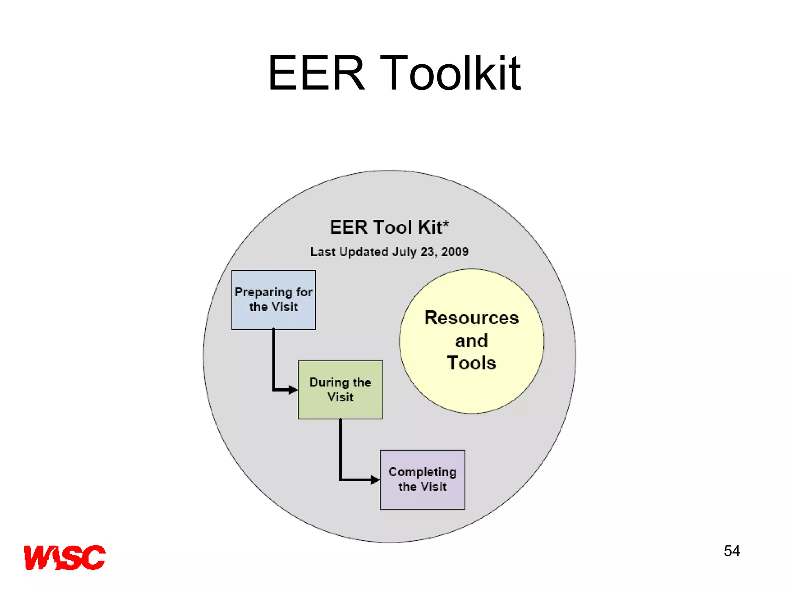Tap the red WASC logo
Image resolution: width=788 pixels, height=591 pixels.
tap(65, 557)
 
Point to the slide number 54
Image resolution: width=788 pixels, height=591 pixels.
tap(731, 551)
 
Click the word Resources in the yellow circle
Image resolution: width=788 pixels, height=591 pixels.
tap(471, 318)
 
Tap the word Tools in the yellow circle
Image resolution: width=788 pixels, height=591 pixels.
tap(471, 363)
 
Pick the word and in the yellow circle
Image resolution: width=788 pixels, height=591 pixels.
tap(471, 341)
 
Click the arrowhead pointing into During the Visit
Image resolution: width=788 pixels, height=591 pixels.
tap(293, 390)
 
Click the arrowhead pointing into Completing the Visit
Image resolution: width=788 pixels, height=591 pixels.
tap(375, 480)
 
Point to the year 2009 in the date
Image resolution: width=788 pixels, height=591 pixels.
tap(455, 252)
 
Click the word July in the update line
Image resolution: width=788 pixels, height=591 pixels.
tap(404, 252)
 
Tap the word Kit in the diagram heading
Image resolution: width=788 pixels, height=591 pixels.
tap(430, 227)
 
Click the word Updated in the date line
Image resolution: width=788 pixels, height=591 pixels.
tap(364, 252)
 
